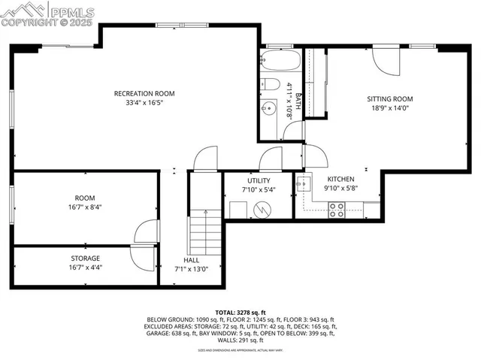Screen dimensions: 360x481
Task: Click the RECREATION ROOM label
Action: coord(144,93)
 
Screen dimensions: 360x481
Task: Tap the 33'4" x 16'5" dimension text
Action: coord(144,103)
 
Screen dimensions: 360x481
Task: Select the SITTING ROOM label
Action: coord(390,98)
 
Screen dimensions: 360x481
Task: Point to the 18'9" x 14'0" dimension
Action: coord(390,108)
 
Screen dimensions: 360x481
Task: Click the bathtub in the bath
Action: coord(280,60)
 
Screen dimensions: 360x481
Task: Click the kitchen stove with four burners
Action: coord(335,210)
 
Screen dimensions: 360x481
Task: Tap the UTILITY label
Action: coord(259,180)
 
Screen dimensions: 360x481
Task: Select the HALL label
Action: coord(192,259)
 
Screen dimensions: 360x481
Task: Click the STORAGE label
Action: coord(86,258)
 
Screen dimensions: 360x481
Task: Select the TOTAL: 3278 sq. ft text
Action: coord(240,312)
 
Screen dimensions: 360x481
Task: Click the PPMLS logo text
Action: coord(74,11)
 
